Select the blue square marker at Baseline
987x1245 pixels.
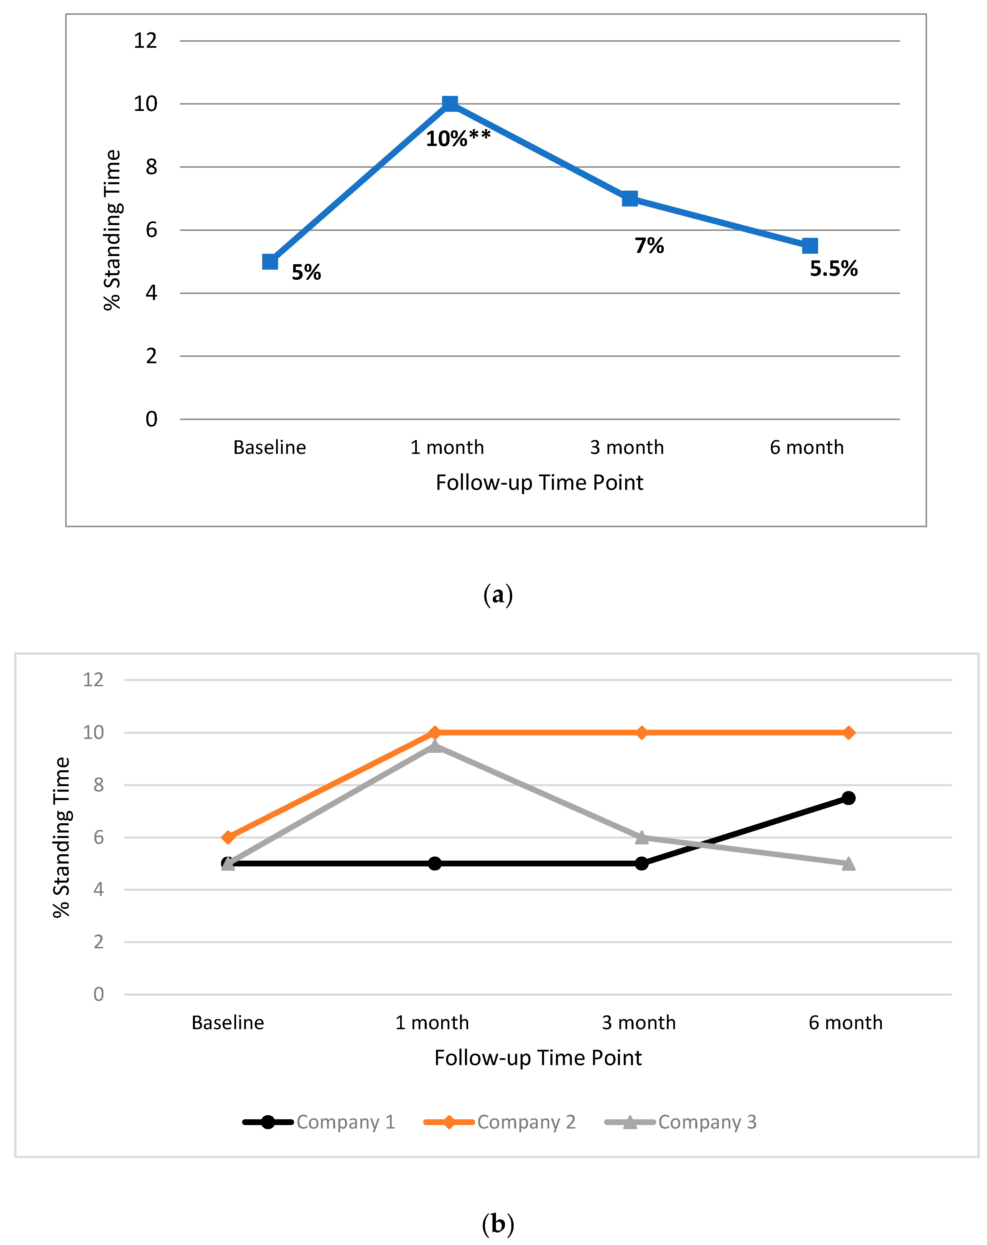tap(270, 262)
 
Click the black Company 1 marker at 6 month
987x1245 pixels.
tap(848, 798)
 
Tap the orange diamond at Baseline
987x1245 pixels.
tap(228, 837)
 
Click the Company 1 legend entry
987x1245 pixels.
tap(319, 1122)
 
